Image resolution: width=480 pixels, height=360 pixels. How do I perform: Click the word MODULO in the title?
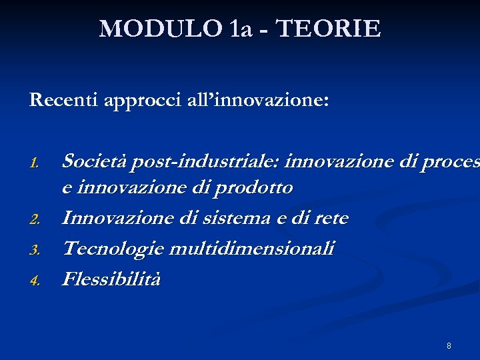coord(160,29)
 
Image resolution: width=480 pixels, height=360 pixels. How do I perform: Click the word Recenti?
coord(63,100)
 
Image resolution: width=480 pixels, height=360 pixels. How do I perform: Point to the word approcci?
coord(137,101)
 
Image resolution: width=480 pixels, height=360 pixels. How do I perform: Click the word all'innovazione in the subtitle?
coord(253,100)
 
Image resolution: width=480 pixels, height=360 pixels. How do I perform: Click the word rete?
coord(333,219)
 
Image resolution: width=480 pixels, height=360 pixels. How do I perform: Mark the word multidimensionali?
coord(252,249)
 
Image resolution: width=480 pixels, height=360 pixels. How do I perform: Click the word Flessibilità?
coord(111,279)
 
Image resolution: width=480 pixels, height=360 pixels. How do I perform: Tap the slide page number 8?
coord(449,346)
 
